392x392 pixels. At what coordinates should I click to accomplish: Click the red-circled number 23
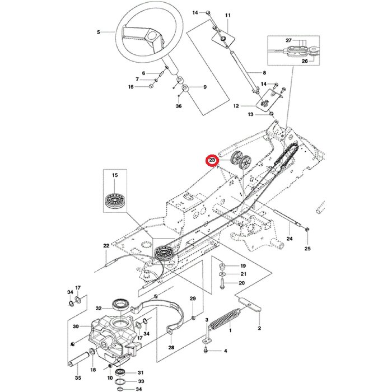212,160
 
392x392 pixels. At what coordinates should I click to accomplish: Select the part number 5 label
99,32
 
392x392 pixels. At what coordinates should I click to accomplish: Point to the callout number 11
227,15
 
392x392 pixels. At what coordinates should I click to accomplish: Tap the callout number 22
106,246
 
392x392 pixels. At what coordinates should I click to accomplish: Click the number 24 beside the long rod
289,239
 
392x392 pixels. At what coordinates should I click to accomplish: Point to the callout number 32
99,308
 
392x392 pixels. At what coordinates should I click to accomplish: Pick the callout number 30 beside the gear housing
75,327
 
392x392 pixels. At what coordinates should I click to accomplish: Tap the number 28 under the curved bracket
171,347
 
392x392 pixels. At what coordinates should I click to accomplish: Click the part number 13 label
251,114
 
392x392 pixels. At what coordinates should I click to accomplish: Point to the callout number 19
242,265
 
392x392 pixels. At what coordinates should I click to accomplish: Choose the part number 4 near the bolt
225,351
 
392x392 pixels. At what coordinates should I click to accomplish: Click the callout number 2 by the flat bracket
259,329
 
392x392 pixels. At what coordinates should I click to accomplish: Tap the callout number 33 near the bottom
141,380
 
